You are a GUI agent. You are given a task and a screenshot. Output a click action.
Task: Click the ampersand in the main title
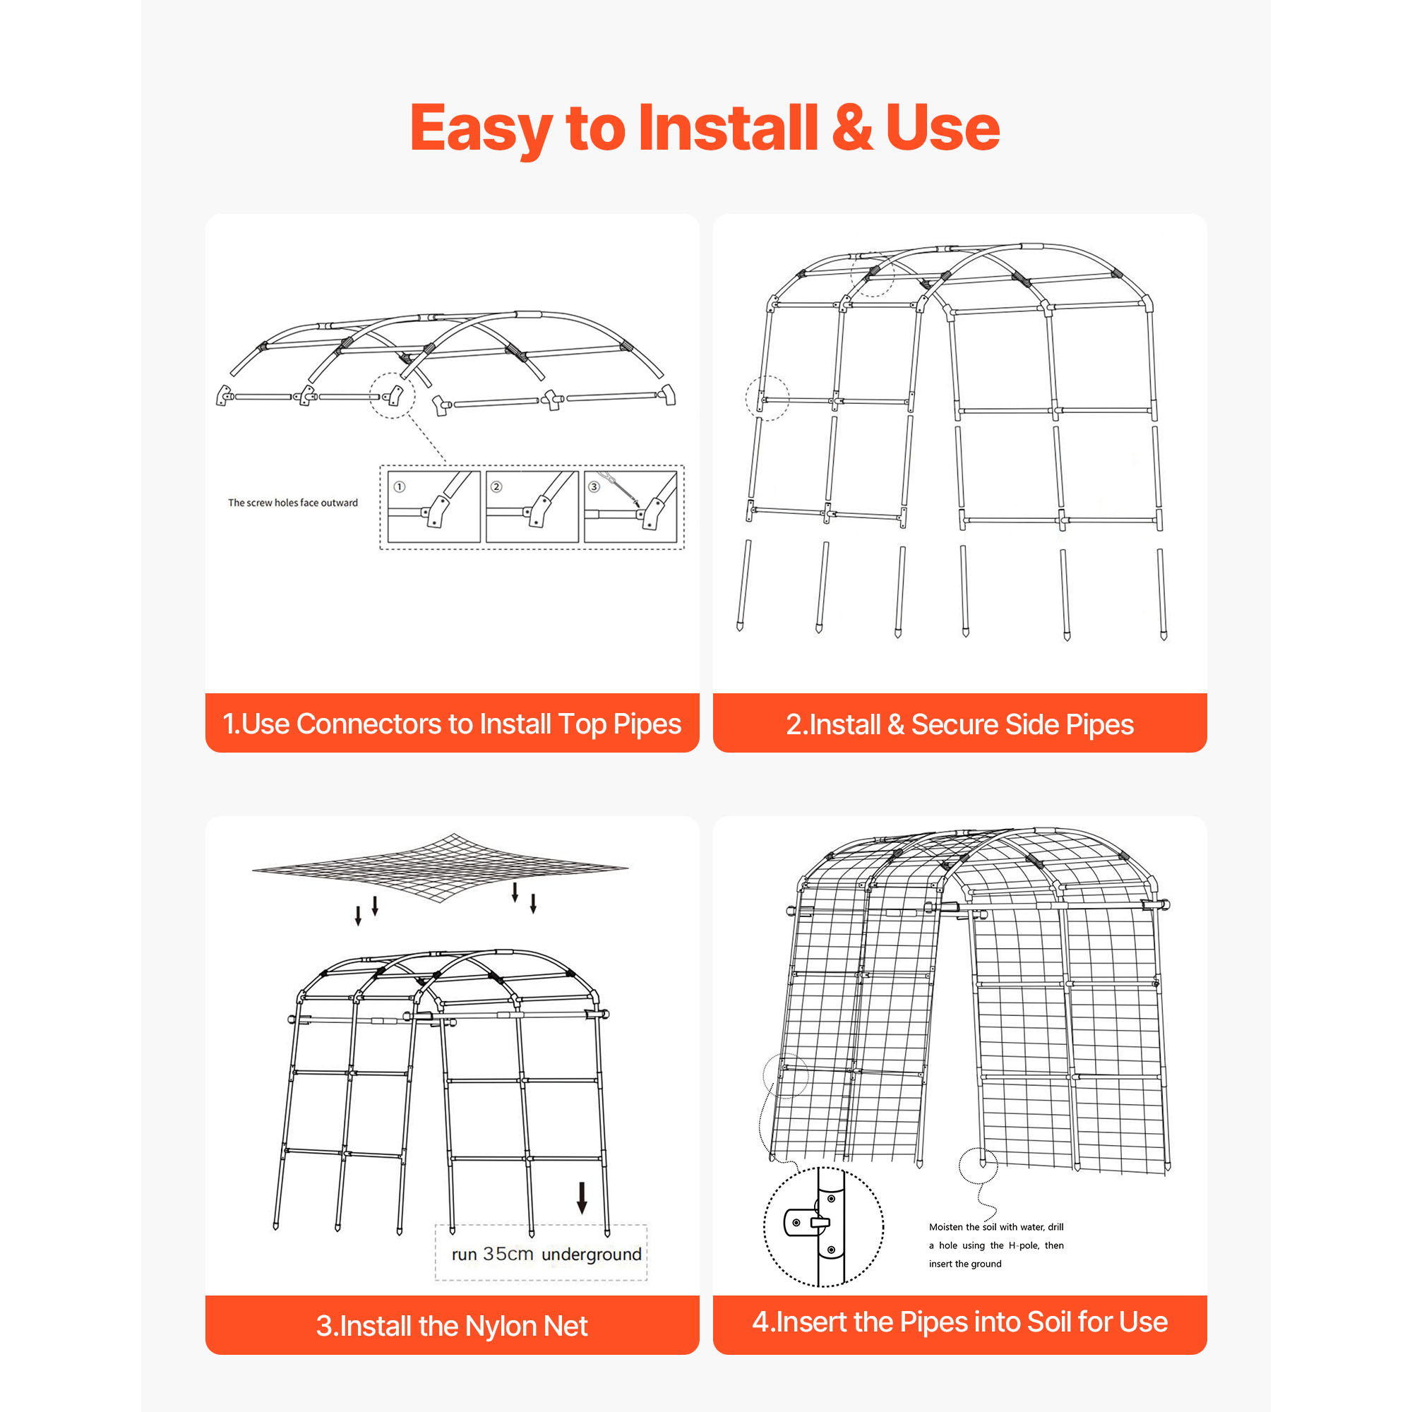point(851,127)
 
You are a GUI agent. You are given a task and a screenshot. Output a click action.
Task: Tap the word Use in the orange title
point(942,127)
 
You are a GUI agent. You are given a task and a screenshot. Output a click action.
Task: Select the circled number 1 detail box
point(433,506)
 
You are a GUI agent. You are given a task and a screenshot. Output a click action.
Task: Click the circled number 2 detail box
point(532,506)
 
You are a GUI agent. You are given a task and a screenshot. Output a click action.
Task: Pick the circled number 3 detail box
point(630,506)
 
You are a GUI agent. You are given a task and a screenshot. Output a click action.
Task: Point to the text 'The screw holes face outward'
point(293,503)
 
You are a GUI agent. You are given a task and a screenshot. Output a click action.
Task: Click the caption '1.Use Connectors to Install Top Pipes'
point(452,724)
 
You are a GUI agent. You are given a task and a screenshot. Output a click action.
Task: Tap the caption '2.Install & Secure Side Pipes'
point(959,724)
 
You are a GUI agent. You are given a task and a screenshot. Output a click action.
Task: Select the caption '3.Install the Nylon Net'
point(452,1326)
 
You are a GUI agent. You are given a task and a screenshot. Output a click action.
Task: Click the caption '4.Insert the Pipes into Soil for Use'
point(959,1322)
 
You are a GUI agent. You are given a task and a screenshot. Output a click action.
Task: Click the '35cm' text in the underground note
point(508,1254)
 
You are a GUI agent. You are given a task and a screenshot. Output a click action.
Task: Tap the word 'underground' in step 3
point(592,1254)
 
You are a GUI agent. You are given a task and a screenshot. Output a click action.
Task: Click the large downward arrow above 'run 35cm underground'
point(582,1198)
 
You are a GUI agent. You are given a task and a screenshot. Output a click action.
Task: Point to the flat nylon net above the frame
point(440,868)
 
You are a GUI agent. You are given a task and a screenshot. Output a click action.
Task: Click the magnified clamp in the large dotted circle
point(824,1227)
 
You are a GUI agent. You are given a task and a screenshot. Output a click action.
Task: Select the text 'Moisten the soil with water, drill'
point(996,1227)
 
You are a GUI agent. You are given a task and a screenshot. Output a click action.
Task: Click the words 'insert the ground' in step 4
point(964,1264)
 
